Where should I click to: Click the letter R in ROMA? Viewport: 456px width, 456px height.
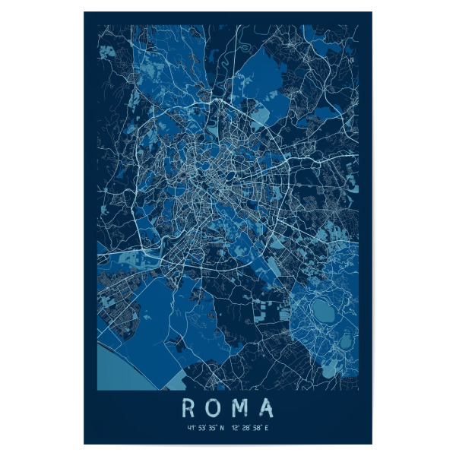pos(188,409)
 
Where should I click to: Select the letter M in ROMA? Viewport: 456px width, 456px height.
pos(240,409)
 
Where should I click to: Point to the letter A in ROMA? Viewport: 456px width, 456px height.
pos(266,409)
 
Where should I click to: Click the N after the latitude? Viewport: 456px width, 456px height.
pos(222,428)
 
